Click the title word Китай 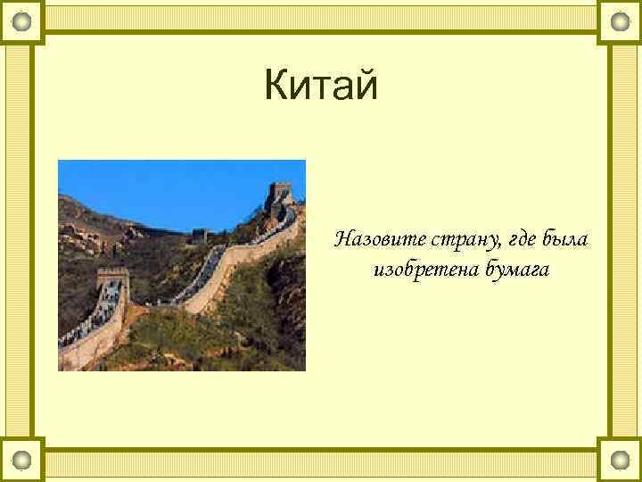321,87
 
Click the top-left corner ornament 22,21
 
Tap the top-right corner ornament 620,21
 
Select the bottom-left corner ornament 22,461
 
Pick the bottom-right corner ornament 620,461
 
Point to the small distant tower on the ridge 199,235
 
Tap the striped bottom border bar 321,463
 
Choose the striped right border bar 623,241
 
